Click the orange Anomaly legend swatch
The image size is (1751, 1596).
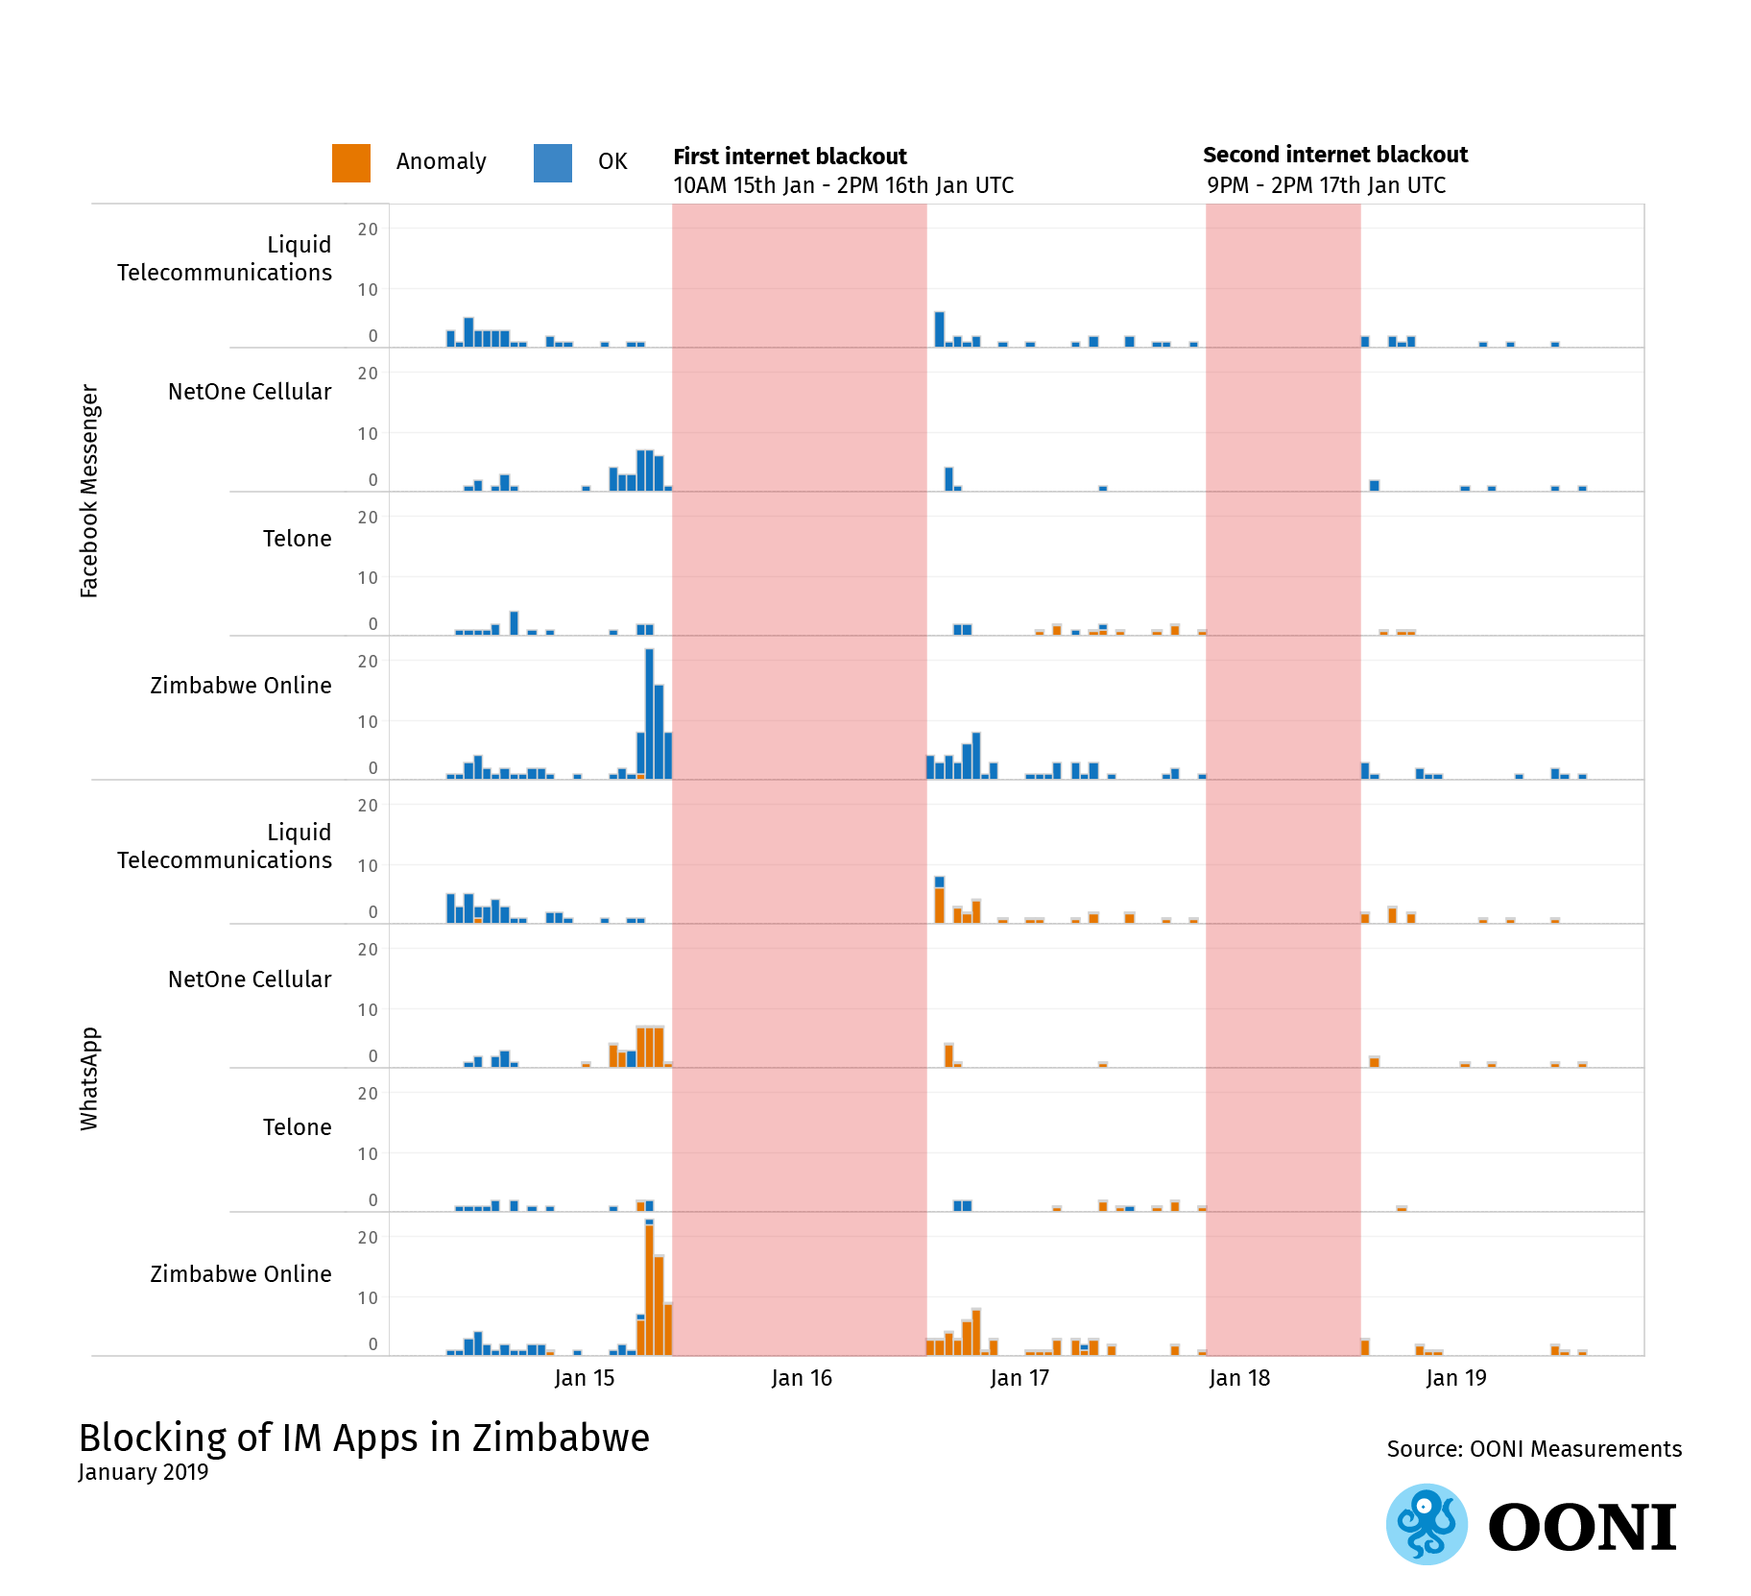pos(350,162)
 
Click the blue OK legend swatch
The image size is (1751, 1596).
pos(552,162)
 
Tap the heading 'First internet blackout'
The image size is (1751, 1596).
pos(789,157)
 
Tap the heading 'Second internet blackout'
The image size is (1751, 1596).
pos(1334,155)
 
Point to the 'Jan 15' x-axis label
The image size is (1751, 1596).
pos(584,1378)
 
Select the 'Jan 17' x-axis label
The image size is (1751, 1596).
pos(1019,1378)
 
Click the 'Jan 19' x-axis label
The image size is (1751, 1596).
pos(1455,1378)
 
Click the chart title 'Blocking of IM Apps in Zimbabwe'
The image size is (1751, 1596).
pos(364,1438)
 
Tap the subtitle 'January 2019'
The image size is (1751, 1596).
pos(143,1472)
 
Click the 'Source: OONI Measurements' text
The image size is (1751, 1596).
pos(1533,1449)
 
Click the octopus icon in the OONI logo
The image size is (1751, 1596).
pos(1427,1524)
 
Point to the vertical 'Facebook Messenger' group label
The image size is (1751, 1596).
pos(89,491)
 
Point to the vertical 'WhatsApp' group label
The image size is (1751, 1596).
pos(89,1078)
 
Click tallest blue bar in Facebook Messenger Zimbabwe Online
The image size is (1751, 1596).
pos(650,713)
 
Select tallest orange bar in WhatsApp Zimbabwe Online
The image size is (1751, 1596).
pos(650,1289)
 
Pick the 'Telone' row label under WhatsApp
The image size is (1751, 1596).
pos(297,1127)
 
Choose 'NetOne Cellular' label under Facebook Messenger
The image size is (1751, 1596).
pos(249,392)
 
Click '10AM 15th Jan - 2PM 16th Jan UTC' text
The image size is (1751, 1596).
pos(843,185)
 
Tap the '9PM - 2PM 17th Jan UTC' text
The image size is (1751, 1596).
pos(1326,185)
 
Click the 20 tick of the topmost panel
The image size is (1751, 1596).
pos(368,230)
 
